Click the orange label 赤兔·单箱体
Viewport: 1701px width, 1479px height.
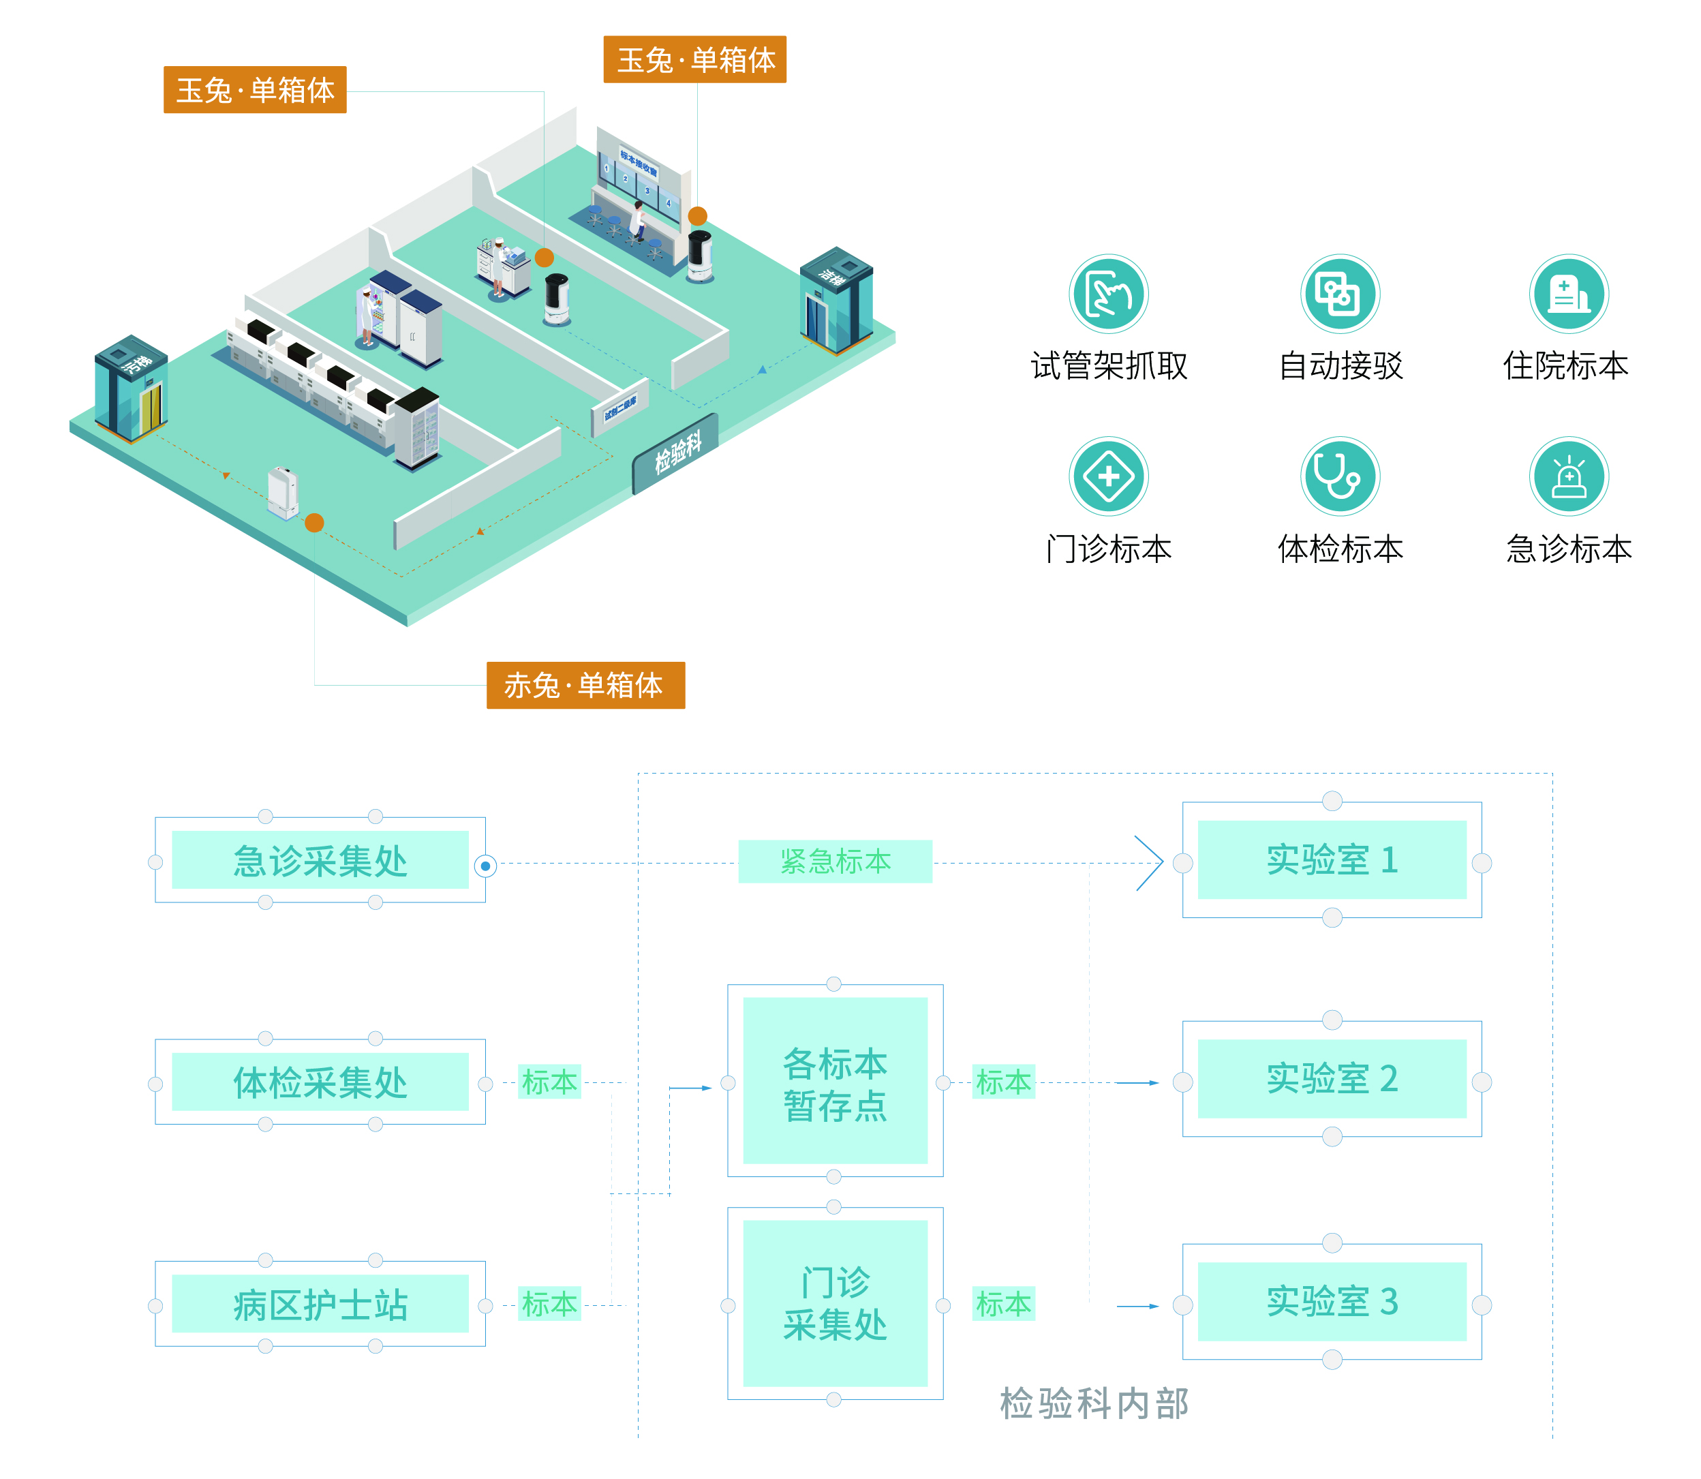pos(585,685)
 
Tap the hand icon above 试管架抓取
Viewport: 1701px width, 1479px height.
pos(1107,294)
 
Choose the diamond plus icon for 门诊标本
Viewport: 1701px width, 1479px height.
pos(1107,476)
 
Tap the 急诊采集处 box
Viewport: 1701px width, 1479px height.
pos(320,860)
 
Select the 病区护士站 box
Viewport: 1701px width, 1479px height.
pos(320,1305)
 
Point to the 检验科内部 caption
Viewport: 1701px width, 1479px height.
pos(1094,1404)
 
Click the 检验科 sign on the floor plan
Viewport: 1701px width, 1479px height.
pos(676,453)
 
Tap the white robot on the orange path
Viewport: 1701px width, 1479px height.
pos(282,493)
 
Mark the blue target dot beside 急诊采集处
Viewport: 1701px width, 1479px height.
pos(485,866)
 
